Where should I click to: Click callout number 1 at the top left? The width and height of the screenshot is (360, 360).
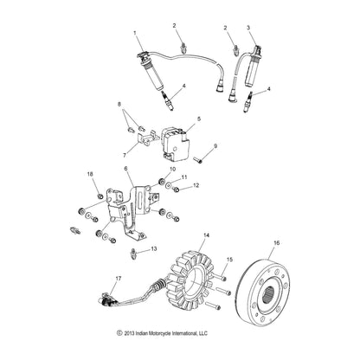coord(134,32)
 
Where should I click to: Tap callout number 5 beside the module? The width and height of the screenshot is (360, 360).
coord(199,119)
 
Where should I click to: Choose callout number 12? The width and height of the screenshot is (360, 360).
coord(196,185)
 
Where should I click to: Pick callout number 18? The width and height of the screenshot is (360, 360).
coord(89,175)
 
